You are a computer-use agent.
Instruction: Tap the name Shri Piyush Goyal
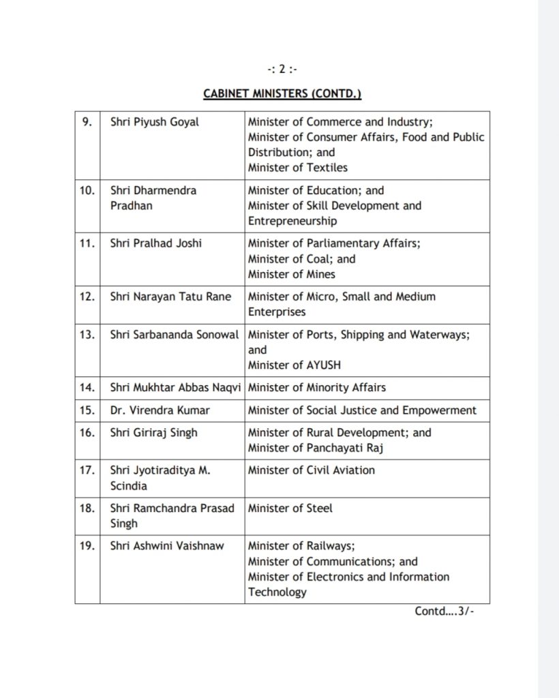tap(154, 122)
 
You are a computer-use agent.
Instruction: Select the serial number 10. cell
tap(87, 190)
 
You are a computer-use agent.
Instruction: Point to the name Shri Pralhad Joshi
tap(156, 244)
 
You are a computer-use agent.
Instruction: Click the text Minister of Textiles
tap(297, 167)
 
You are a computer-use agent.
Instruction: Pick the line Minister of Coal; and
tap(301, 259)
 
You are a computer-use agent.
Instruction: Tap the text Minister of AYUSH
tap(295, 365)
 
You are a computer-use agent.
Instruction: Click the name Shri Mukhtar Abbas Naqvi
tap(176, 387)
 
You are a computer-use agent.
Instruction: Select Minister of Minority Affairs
tap(316, 387)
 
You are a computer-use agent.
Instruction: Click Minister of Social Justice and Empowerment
tap(362, 410)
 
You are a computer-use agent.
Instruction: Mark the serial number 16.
tap(87, 432)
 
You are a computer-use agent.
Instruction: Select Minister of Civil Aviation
tap(311, 470)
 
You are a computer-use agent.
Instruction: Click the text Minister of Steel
tap(290, 508)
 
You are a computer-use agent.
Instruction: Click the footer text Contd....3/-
tap(444, 611)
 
